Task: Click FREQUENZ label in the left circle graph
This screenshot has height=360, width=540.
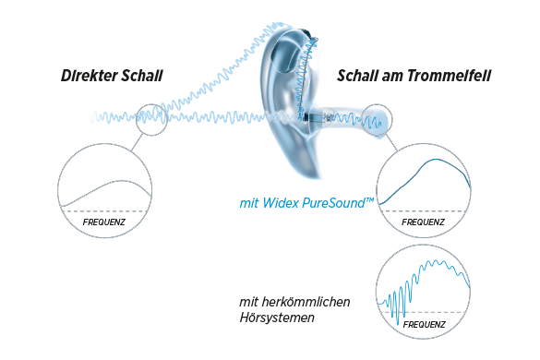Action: [x=103, y=223]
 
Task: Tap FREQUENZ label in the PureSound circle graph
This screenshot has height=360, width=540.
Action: [x=423, y=222]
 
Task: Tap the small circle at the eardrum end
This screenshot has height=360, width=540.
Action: [x=377, y=119]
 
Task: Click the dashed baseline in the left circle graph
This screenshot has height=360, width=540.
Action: [x=103, y=211]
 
